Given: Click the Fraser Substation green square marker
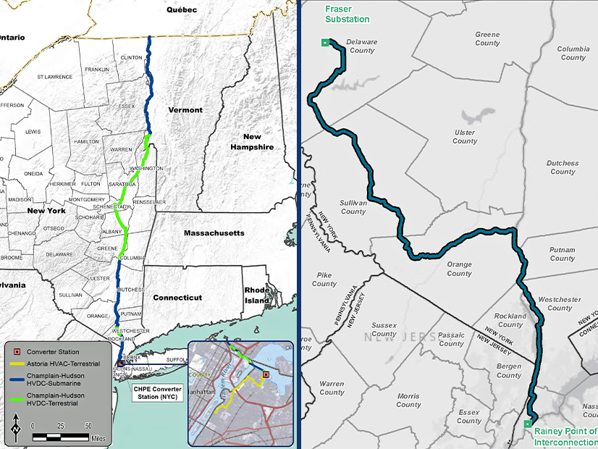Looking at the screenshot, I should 325,43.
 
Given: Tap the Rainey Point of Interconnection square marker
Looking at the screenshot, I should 528,424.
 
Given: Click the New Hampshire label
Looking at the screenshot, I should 252,141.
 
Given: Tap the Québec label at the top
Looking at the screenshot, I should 182,10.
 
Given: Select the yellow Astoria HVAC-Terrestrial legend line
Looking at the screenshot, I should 16,364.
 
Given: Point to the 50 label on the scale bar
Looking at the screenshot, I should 88,426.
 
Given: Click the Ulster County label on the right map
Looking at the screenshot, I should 465,137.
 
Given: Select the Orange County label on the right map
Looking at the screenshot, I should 459,269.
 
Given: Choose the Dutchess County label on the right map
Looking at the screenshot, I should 563,167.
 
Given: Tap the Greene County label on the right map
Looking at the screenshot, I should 487,38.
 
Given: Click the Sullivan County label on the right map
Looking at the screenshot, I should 353,207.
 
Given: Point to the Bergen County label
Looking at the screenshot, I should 509,371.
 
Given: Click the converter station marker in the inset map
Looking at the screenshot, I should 266,374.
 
